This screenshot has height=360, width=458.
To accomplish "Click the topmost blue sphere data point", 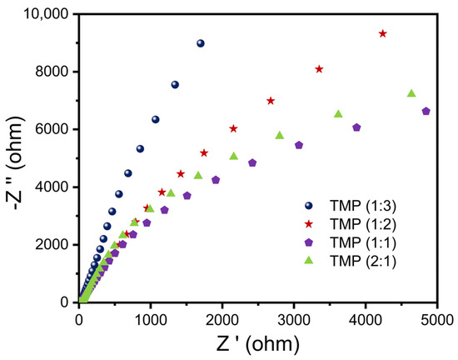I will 200,43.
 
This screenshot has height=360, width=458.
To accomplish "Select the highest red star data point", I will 382,33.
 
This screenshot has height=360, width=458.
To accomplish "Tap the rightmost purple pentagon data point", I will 426,111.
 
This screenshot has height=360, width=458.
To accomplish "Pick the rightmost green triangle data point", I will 411,93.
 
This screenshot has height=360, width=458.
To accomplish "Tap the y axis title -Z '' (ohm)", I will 15,158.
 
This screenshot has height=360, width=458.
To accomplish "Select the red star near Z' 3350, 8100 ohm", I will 319,69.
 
